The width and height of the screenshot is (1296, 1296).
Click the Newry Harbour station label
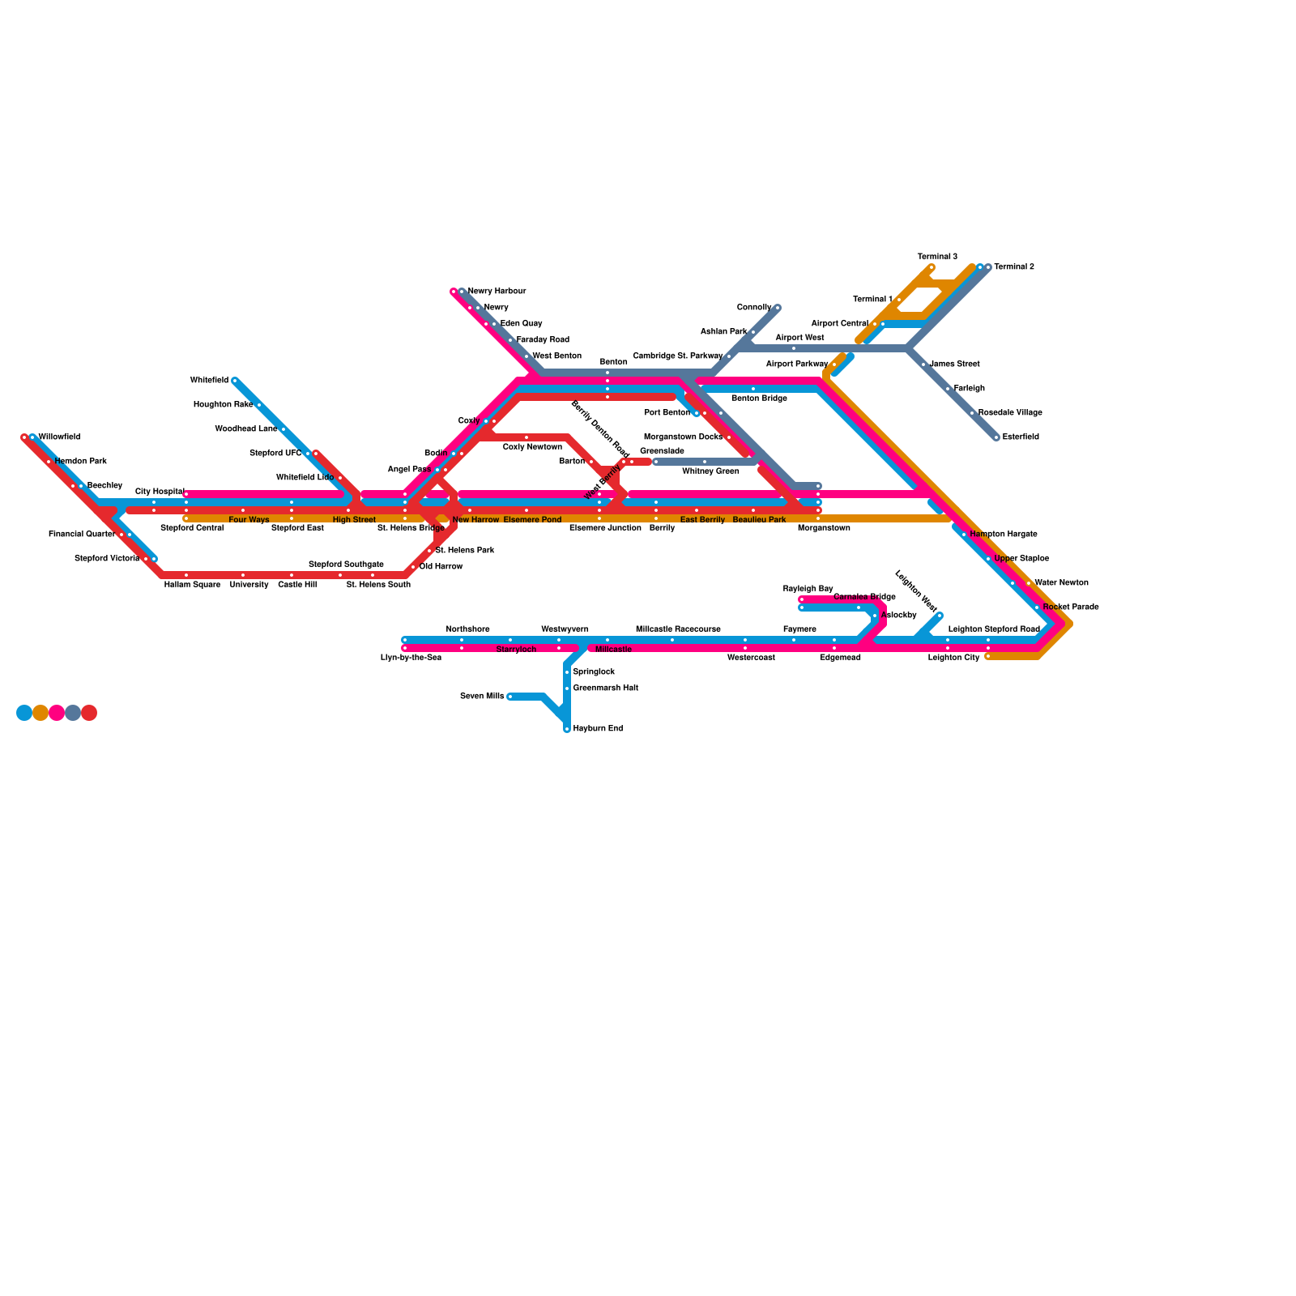[497, 292]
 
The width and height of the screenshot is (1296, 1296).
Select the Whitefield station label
[209, 381]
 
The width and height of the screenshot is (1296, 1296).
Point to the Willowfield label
[59, 437]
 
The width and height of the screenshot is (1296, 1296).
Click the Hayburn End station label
[597, 729]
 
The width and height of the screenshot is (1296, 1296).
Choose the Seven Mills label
[481, 697]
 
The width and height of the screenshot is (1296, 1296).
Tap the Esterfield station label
[1020, 437]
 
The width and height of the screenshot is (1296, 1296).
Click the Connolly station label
[753, 308]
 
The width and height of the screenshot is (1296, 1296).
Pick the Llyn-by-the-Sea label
[411, 658]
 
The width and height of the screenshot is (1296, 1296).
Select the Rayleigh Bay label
[808, 589]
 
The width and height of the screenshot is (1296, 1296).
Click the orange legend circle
[40, 713]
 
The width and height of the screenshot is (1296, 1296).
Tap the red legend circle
[89, 713]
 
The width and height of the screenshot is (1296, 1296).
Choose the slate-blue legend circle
[73, 713]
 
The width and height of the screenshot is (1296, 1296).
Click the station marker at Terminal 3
[932, 267]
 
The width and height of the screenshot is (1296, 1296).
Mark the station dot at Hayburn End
[567, 729]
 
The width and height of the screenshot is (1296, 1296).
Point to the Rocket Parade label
[1070, 607]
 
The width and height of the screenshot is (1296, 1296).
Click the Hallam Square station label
[192, 585]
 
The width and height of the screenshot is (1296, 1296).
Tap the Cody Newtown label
[532, 447]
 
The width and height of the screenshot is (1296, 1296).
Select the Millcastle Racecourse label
[678, 629]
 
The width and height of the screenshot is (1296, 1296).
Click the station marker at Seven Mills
[509, 697]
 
